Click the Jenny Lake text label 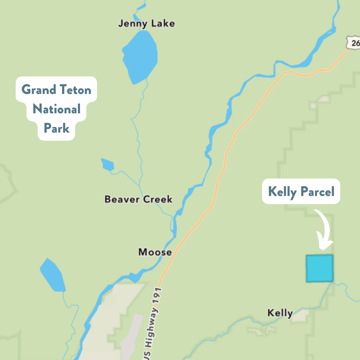tap(146, 24)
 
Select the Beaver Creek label tap(138, 199)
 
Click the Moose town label tap(155, 252)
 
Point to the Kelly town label tap(280, 313)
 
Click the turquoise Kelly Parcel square tap(320, 268)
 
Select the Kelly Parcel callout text tap(301, 192)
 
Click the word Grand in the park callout tap(38, 90)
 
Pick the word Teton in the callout tap(76, 90)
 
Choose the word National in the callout tap(57, 109)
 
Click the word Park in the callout tap(57, 128)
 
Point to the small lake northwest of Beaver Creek tap(108, 164)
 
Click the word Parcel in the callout tap(318, 192)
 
